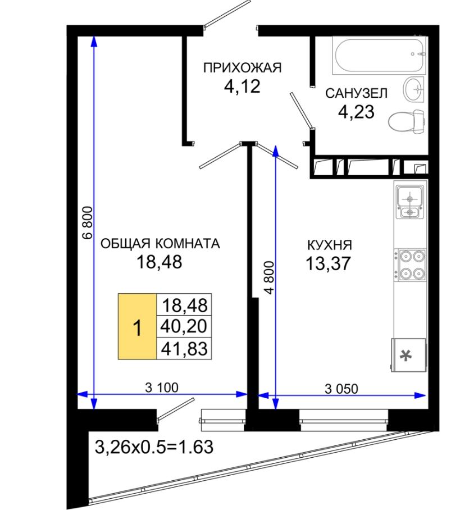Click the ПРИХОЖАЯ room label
click(242, 67)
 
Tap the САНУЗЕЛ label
click(357, 93)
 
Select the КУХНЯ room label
click(330, 245)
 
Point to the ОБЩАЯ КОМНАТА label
click(160, 243)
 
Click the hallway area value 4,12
click(242, 86)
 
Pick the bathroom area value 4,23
click(357, 112)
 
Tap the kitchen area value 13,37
click(329, 263)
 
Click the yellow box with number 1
click(137, 326)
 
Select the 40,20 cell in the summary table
click(184, 326)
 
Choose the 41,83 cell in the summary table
click(184, 349)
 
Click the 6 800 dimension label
click(88, 223)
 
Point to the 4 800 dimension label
click(270, 277)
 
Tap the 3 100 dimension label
click(162, 388)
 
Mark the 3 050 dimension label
click(341, 389)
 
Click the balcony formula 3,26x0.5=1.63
click(154, 447)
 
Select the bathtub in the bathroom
click(379, 55)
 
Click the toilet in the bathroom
click(407, 122)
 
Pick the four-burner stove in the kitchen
click(409, 265)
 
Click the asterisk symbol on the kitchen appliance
click(405, 356)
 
